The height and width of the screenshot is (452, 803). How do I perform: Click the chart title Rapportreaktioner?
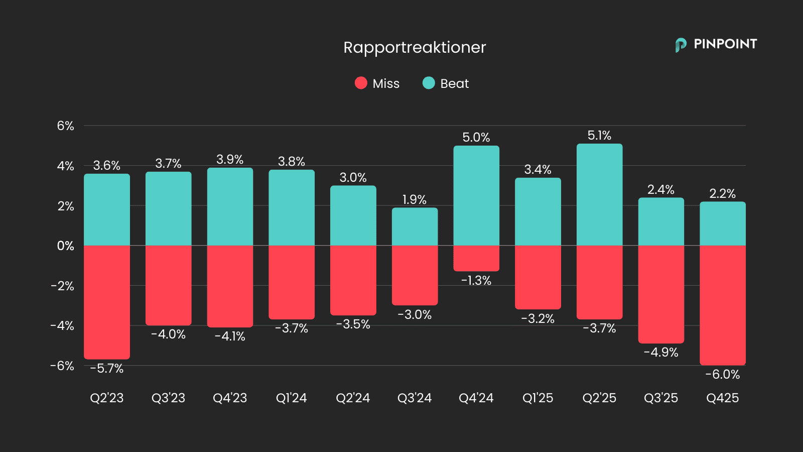pos(415,48)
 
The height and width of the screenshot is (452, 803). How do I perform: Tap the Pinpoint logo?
pos(716,45)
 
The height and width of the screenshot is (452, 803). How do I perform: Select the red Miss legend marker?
pos(361,83)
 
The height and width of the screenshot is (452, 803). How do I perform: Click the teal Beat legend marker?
pos(429,83)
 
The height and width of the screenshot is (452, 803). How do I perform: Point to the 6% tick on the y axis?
pos(65,126)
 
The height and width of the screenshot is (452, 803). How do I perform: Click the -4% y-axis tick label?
pos(62,325)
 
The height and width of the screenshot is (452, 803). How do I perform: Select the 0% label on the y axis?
pos(65,246)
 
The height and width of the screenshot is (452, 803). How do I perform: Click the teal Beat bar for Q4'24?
pos(476,196)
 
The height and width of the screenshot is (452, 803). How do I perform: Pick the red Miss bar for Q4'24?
pos(476,258)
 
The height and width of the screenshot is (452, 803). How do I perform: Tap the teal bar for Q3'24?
pos(415,227)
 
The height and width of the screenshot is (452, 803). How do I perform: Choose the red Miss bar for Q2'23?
pos(107,302)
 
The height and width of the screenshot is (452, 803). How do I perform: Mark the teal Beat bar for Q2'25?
pos(599,195)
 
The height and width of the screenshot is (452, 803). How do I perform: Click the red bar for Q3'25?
pos(661,294)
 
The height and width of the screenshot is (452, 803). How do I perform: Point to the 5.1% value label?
pos(599,136)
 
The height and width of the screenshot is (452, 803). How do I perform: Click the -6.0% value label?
pos(722,375)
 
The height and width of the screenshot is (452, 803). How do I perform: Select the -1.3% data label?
pos(476,281)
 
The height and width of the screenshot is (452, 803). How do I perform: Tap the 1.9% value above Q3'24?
pos(415,200)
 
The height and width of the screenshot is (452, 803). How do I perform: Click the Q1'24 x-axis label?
pos(291,398)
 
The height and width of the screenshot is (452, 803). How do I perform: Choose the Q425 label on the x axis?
pos(722,398)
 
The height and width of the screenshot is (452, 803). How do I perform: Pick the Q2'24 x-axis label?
pos(353,398)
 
